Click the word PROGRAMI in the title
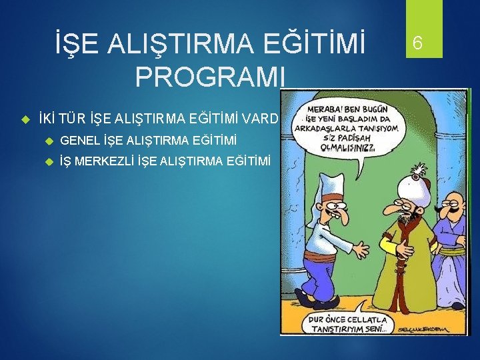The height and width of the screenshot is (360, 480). pyautogui.click(x=210, y=76)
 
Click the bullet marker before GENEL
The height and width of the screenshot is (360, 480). pyautogui.click(x=49, y=140)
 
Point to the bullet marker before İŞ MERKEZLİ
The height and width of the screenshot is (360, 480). pyautogui.click(x=49, y=161)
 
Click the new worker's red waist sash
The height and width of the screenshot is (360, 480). pyautogui.click(x=321, y=257)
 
